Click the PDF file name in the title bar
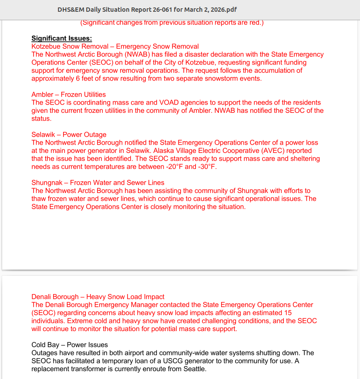click(x=147, y=10)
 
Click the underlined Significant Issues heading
click(x=61, y=38)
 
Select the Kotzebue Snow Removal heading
click(x=115, y=46)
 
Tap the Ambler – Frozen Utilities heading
click(x=68, y=95)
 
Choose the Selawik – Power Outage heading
click(x=69, y=135)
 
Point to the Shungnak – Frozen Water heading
click(x=98, y=183)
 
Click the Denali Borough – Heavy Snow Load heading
click(x=98, y=297)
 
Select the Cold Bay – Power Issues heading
click(x=69, y=345)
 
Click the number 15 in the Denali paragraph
click(x=287, y=313)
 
